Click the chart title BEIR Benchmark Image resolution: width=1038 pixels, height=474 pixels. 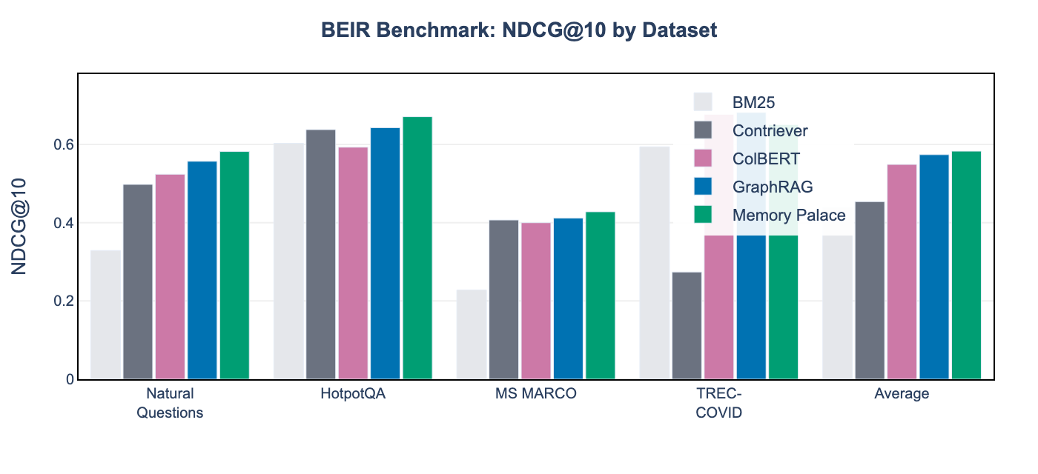519,30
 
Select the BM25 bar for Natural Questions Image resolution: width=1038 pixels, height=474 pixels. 105,315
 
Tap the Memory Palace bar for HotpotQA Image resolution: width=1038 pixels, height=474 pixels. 417,248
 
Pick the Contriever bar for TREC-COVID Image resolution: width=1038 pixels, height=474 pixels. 687,326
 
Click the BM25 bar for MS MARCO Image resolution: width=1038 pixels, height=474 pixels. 472,334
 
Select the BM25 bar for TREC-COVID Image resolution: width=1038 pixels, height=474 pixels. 654,263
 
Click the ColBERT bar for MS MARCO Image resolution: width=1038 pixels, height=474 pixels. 536,301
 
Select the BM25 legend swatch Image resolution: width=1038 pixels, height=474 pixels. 703,102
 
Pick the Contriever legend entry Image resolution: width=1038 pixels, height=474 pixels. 770,130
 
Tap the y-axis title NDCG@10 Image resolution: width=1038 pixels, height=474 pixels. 20,226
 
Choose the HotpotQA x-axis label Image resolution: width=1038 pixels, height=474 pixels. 353,394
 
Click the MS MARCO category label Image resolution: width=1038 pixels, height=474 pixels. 535,394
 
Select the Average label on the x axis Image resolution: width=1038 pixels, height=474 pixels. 902,394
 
